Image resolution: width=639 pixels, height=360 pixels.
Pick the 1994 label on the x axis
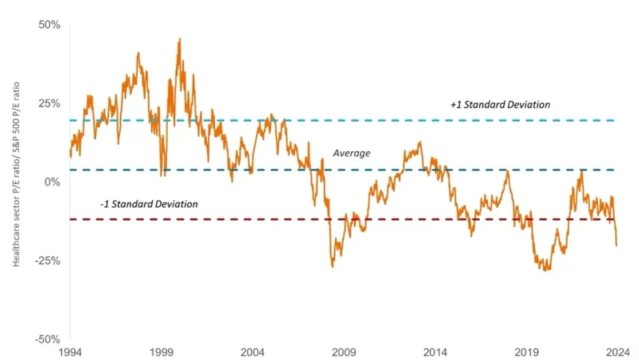point(70,352)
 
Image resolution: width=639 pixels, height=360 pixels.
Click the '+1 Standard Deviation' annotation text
point(501,105)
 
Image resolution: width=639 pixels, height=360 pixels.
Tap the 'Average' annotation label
point(352,153)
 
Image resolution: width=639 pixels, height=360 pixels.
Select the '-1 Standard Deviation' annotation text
point(149,205)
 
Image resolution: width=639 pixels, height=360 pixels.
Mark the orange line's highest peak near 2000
point(179,38)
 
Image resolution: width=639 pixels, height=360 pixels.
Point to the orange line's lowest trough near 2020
point(547,270)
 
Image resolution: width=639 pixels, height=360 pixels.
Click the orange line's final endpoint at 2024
point(617,246)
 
